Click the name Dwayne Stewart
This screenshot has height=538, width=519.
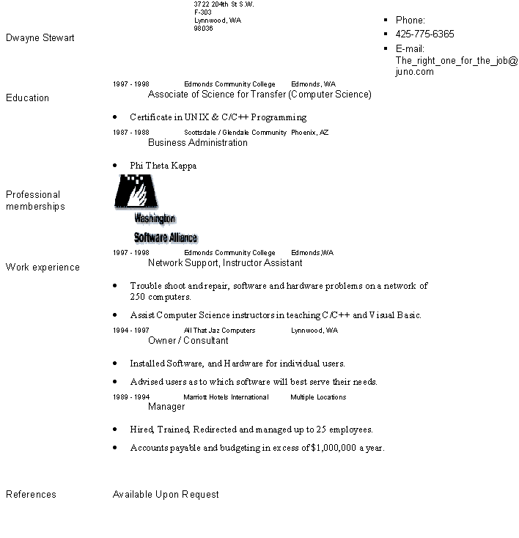(x=40, y=37)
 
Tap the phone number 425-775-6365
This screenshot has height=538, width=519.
(x=424, y=34)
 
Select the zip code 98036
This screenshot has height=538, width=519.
(x=203, y=29)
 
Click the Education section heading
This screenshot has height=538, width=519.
(x=28, y=98)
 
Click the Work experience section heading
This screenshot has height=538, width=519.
(x=43, y=268)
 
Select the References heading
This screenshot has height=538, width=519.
(x=31, y=495)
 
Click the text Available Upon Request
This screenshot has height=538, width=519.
(x=166, y=495)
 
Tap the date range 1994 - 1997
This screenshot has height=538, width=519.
(x=130, y=331)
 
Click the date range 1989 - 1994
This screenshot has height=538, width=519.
(x=130, y=397)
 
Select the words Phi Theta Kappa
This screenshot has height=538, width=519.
(x=163, y=166)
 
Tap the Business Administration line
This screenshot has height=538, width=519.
(x=198, y=143)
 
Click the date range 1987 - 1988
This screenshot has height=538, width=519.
(x=130, y=133)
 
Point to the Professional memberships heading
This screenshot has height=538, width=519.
(x=35, y=200)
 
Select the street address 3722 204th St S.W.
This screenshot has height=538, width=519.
(x=224, y=4)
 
